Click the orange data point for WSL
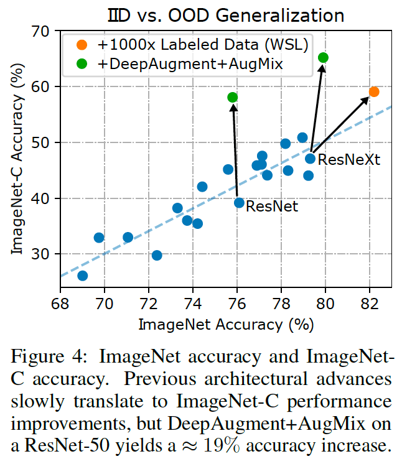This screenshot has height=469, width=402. [373, 91]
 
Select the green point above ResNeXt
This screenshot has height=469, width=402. [323, 58]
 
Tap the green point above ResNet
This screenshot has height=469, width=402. [233, 97]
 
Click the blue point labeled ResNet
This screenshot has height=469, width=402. [239, 202]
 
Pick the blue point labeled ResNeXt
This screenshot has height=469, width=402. [310, 159]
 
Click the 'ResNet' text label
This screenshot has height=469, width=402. [272, 207]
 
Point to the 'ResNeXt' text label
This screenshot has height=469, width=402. [348, 160]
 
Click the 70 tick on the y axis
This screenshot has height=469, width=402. [45, 30]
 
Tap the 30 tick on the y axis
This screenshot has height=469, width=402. [45, 254]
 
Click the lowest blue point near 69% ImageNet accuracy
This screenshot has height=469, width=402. [82, 276]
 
